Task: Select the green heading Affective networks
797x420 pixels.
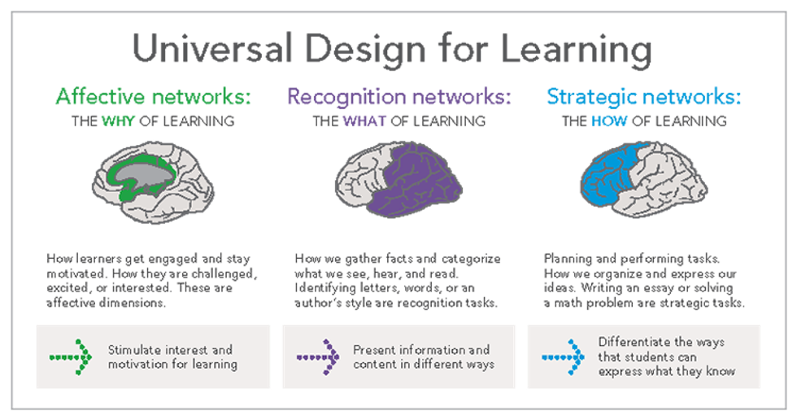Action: (x=153, y=98)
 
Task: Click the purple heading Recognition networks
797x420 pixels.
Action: (x=398, y=98)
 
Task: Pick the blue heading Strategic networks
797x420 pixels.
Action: (x=644, y=98)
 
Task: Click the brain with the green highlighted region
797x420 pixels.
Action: (x=153, y=179)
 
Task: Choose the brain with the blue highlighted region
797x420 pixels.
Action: (x=643, y=183)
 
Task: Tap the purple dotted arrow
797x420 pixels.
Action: (x=318, y=356)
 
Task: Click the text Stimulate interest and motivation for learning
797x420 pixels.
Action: (x=172, y=357)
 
